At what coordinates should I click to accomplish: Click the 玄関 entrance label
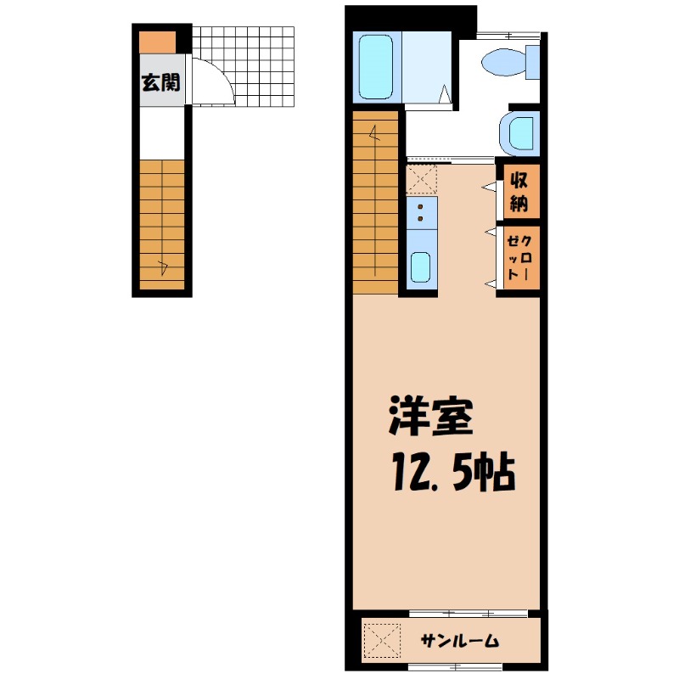[160, 82]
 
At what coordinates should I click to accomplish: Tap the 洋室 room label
[429, 417]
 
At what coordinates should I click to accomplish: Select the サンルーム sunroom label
[459, 642]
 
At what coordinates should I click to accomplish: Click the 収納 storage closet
[519, 192]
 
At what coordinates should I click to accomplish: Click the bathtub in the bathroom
[376, 67]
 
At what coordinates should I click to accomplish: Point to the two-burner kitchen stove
[421, 213]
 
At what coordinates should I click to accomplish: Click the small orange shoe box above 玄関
[157, 42]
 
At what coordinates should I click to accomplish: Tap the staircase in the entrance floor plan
[162, 222]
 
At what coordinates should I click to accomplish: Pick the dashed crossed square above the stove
[421, 179]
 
